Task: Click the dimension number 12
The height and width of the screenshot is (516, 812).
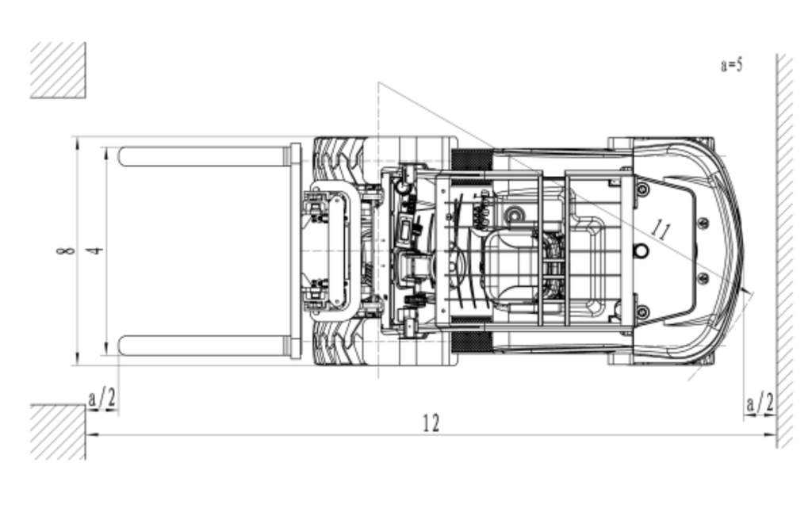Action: click(x=431, y=423)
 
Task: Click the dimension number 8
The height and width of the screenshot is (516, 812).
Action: click(x=65, y=251)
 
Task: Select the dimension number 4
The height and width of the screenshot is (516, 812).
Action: click(x=94, y=251)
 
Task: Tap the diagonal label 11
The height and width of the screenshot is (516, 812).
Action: click(x=661, y=228)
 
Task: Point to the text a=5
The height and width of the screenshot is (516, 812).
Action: click(x=732, y=65)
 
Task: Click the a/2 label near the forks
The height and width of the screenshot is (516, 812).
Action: click(x=102, y=399)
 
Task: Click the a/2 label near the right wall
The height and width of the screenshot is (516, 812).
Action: click(x=760, y=403)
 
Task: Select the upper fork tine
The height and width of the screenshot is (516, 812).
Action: click(x=205, y=156)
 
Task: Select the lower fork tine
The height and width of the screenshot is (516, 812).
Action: click(x=205, y=346)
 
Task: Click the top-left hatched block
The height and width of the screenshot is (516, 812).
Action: click(x=57, y=70)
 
